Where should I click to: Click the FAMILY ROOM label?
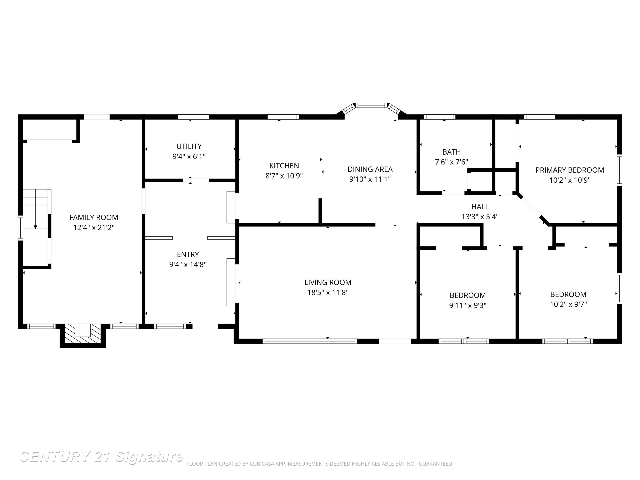coord(94,217)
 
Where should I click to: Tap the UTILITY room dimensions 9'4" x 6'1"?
coord(189,156)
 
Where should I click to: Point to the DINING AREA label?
coord(370,169)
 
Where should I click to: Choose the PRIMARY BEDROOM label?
coord(569,170)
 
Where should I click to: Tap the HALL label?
coord(480,207)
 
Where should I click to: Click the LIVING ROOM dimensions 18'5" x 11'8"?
coord(327,292)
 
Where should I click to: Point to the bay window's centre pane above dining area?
coord(371,105)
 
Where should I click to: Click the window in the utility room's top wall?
coord(193,117)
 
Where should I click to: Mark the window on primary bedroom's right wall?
coord(619,170)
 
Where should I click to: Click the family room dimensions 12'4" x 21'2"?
coord(94,228)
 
